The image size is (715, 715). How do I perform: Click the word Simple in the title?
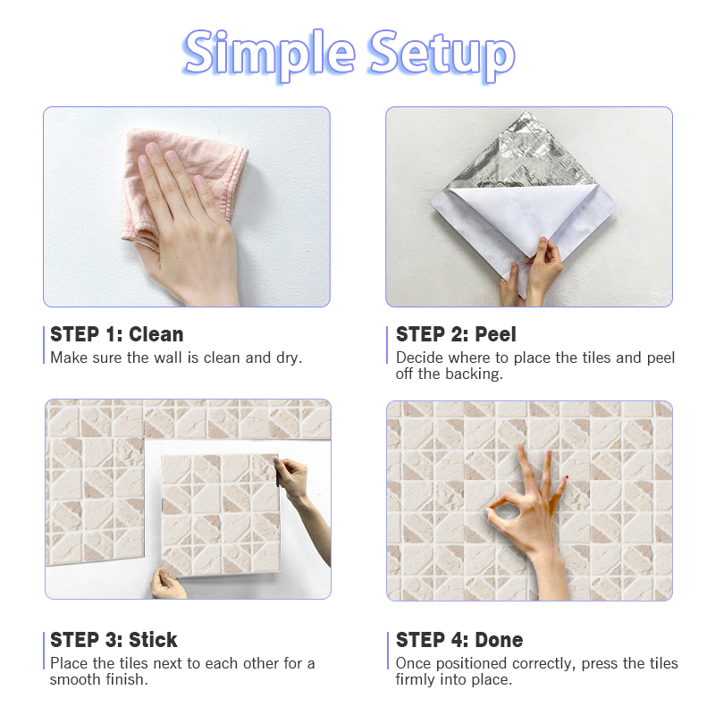click(x=269, y=55)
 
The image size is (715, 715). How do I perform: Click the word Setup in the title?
click(x=442, y=55)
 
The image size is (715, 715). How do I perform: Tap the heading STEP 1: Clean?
click(x=117, y=334)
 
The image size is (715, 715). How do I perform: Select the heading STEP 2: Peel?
click(x=456, y=334)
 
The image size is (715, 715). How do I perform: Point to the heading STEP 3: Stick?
click(x=114, y=640)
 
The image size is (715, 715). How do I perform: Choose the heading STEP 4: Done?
click(x=459, y=640)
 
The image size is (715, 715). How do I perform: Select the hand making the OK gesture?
click(x=534, y=520)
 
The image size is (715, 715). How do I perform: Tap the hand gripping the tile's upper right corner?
click(x=299, y=492)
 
